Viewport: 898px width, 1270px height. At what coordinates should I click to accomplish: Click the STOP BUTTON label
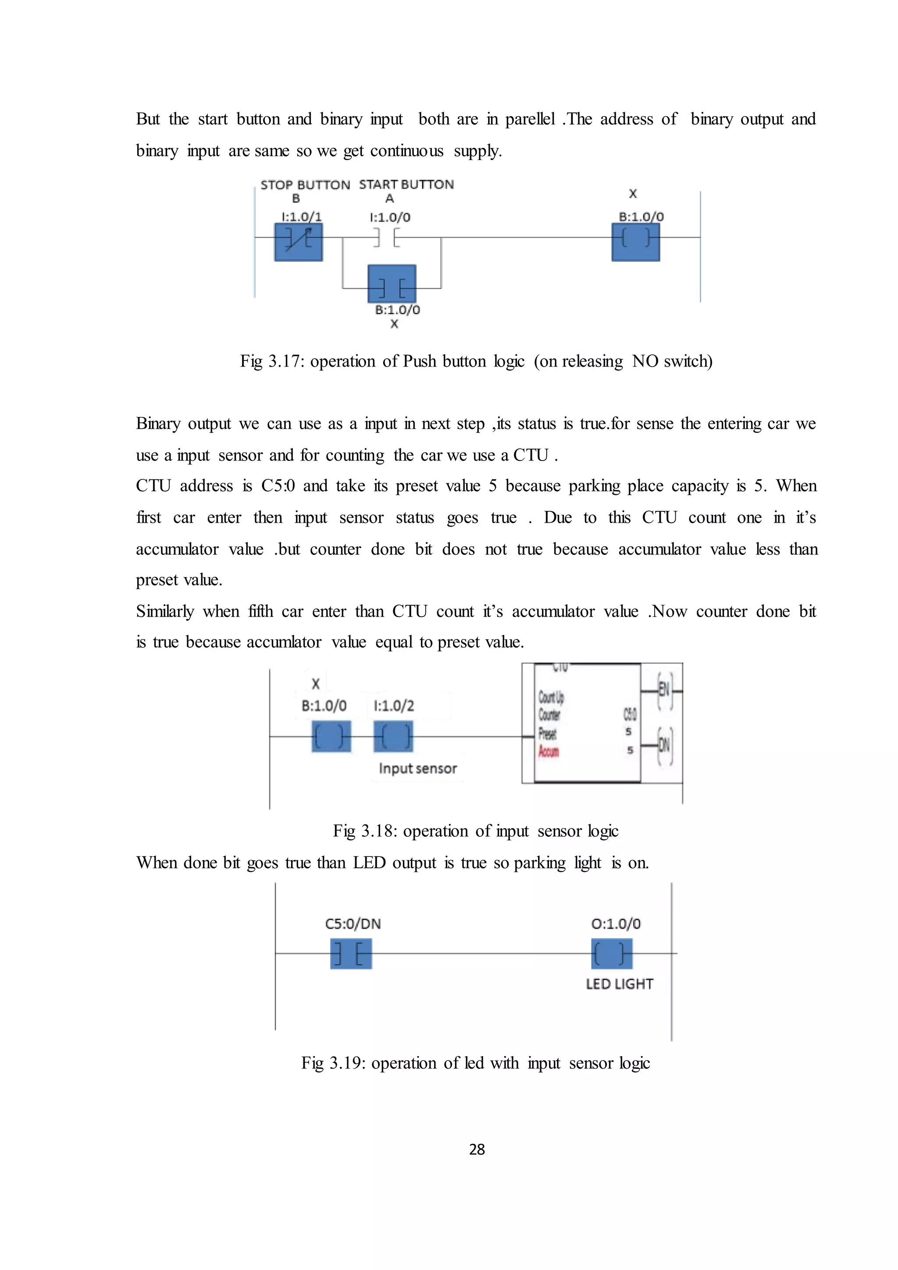point(305,185)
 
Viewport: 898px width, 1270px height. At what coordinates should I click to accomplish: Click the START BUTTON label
point(406,185)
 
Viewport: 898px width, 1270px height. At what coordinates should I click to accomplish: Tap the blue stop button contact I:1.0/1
point(299,242)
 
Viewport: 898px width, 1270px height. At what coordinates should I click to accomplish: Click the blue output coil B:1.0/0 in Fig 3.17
point(635,242)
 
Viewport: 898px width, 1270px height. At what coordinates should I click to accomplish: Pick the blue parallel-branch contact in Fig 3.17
point(392,284)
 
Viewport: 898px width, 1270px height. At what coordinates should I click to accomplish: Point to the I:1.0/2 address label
point(393,706)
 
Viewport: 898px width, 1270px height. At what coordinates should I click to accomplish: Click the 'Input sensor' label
point(418,768)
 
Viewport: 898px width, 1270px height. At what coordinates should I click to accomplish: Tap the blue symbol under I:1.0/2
point(393,736)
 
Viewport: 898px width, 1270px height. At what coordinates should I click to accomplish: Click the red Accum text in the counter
point(549,751)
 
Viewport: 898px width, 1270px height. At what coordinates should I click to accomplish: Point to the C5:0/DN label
point(353,924)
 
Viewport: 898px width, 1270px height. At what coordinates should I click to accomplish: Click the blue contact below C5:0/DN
point(351,954)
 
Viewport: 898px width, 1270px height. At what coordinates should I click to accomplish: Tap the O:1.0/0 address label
point(616,924)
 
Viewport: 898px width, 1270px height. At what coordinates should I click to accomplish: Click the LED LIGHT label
point(619,984)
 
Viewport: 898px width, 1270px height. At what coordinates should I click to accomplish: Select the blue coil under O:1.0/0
point(612,954)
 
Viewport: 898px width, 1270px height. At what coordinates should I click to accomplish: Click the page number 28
point(477,1149)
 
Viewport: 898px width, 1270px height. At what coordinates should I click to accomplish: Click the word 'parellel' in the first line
point(530,119)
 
